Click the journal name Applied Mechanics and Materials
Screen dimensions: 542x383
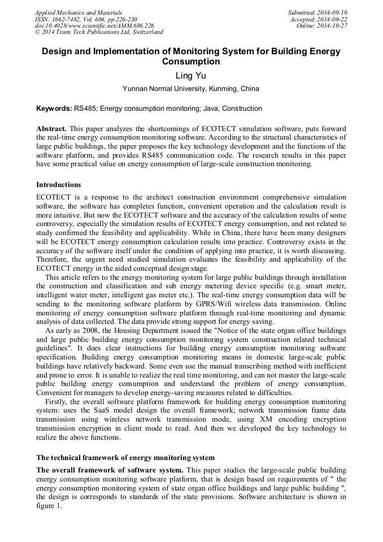pyautogui.click(x=79, y=12)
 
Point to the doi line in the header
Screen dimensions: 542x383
pyautogui.click(x=94, y=26)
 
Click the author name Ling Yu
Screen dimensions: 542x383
pyautogui.click(x=191, y=75)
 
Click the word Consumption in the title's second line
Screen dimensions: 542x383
pyautogui.click(x=191, y=62)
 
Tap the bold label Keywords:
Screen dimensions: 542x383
pyautogui.click(x=54, y=108)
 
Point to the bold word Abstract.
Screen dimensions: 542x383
pyautogui.click(x=52, y=129)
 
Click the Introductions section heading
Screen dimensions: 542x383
pyautogui.click(x=59, y=185)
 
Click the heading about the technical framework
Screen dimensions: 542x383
pyautogui.click(x=125, y=457)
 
